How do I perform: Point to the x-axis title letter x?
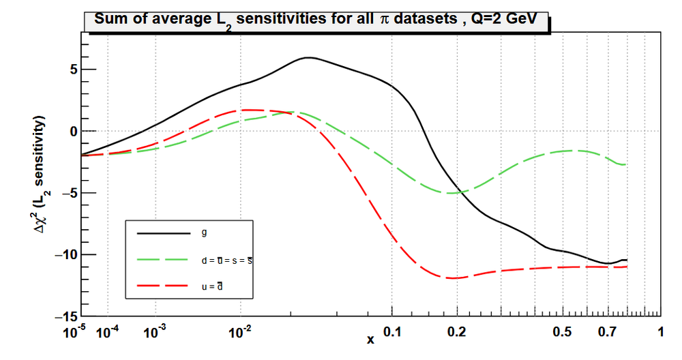pyautogui.click(x=370, y=339)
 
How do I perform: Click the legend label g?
pyautogui.click(x=204, y=233)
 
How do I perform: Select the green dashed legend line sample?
pyautogui.click(x=164, y=260)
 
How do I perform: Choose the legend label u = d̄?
pyautogui.click(x=213, y=286)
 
